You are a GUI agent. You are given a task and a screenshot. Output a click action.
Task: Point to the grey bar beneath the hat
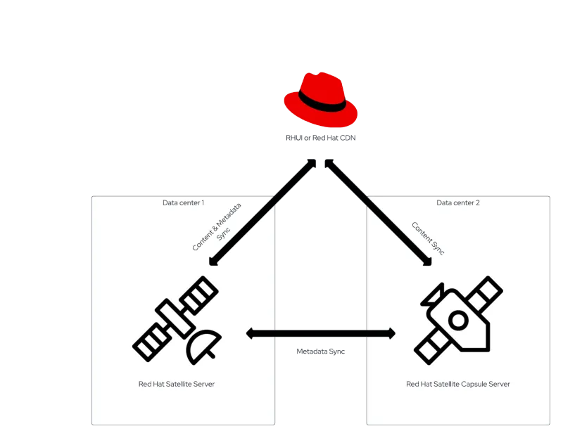tap(320, 138)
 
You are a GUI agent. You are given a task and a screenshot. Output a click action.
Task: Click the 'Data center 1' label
tap(183, 203)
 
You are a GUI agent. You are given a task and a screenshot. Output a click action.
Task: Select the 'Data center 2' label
tap(457, 203)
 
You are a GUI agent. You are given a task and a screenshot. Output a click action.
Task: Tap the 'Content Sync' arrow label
tap(427, 239)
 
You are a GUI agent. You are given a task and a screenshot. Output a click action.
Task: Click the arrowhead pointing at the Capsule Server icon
tap(426, 263)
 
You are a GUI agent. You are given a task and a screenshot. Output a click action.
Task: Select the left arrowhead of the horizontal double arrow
tap(251, 333)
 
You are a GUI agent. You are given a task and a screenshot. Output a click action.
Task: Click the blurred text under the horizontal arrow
tap(320, 349)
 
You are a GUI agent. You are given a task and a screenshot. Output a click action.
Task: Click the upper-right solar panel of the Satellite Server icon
tap(200, 294)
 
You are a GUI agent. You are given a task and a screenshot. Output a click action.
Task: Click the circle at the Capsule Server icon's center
tap(458, 321)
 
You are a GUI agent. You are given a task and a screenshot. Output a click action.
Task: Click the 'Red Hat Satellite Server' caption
tap(176, 385)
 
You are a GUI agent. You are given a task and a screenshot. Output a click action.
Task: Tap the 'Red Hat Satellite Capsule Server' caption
tap(458, 385)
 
